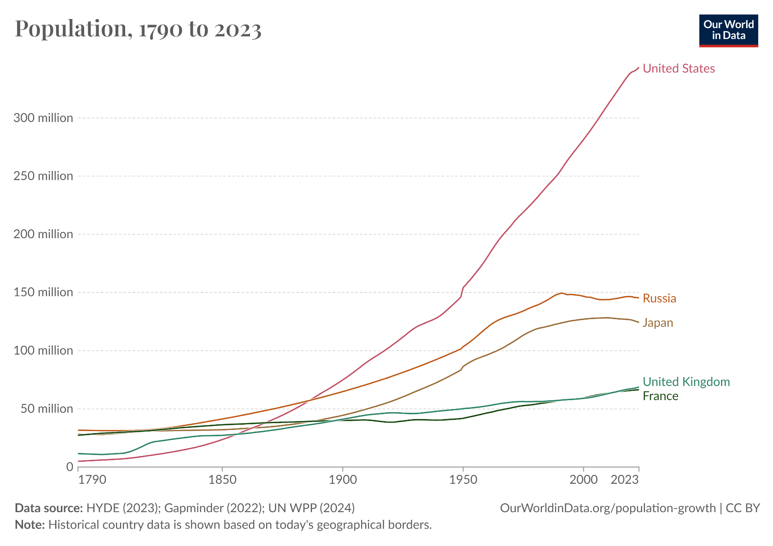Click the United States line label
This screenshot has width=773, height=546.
pos(678,69)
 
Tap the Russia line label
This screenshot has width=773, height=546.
pos(659,298)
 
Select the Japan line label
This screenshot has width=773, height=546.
pos(657,323)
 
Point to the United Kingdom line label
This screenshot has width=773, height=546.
pos(686,382)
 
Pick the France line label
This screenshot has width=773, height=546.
pos(660,396)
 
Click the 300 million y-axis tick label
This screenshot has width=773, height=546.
pos(43,118)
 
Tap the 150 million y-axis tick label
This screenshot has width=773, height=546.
pos(43,292)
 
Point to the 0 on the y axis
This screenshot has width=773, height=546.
pos(70,467)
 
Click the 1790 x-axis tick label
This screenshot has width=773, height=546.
pos(92,480)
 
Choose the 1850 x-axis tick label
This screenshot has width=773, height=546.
pos(222,480)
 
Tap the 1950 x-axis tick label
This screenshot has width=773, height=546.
pos(463,480)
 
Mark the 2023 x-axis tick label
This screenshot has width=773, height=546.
pos(624,480)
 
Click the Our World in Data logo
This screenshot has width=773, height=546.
pos(728,31)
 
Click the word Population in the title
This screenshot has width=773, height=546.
pos(71,29)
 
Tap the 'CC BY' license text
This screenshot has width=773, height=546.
pos(742,508)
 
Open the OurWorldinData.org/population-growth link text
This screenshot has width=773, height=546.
pos(608,508)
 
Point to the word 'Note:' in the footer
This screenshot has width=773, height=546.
pos(30,525)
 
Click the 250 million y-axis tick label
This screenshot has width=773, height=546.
pos(43,176)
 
